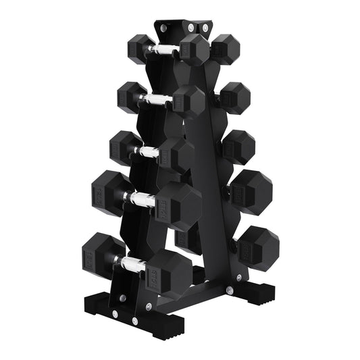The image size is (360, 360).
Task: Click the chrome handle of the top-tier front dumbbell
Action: pyautogui.click(x=163, y=50)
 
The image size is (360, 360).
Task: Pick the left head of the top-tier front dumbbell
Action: pyautogui.click(x=140, y=47)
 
